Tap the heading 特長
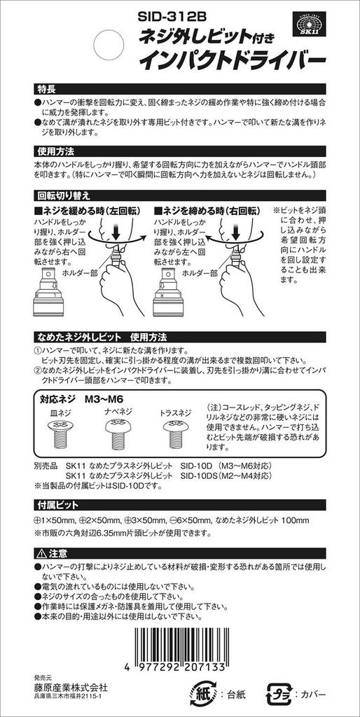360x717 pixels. [47, 90]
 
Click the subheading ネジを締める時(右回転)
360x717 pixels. [209, 211]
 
